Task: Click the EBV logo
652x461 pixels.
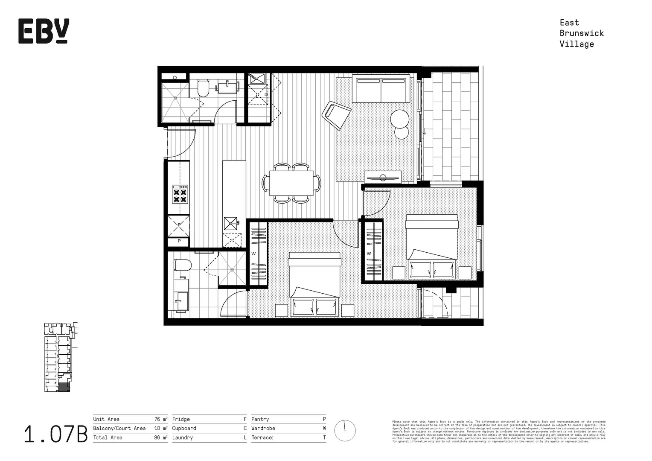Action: [x=44, y=31]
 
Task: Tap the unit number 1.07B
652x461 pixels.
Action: [x=55, y=434]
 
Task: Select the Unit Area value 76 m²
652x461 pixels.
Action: [x=160, y=419]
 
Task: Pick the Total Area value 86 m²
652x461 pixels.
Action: [x=160, y=438]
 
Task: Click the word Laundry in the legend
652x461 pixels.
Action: [x=182, y=438]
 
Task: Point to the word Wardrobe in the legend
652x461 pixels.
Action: [x=263, y=428]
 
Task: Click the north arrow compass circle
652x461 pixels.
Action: [x=345, y=431]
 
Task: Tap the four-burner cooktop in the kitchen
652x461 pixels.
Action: [x=180, y=195]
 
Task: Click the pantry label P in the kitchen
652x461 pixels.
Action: [x=179, y=241]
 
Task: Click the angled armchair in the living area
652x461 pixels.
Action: [x=336, y=114]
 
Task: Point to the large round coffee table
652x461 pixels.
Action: [x=400, y=119]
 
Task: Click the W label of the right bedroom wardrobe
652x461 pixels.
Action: [x=369, y=254]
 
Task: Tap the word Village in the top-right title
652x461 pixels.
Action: [x=576, y=44]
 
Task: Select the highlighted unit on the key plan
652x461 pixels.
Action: [x=63, y=388]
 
